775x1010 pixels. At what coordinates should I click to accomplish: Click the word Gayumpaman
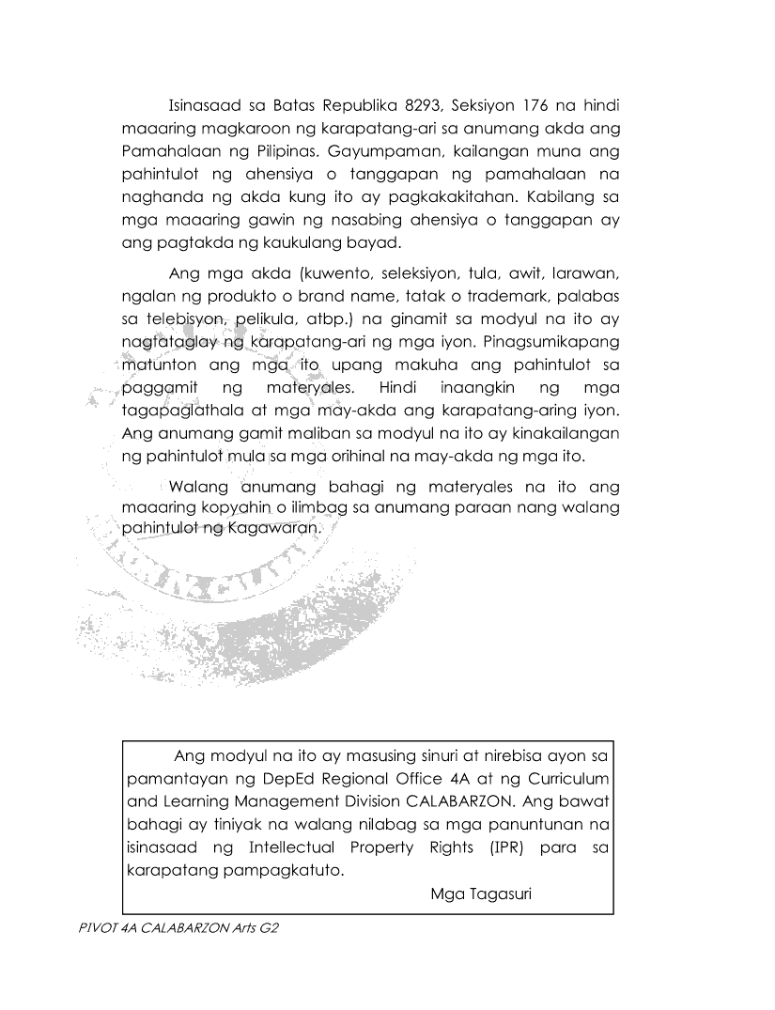pyautogui.click(x=381, y=149)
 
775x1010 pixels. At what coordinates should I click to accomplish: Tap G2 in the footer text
pyautogui.click(x=271, y=926)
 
